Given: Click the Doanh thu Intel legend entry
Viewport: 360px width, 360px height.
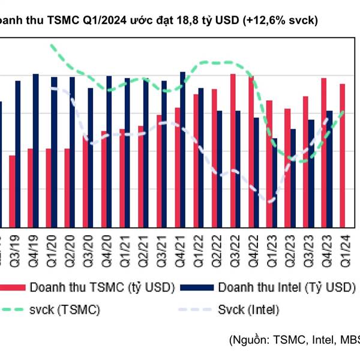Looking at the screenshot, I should tap(282, 288).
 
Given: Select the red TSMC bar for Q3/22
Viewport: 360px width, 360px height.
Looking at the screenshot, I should tap(233, 150).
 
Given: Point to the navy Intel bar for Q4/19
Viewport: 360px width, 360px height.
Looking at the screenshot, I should tap(36, 150).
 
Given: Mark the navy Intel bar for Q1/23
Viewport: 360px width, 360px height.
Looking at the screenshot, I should tap(275, 182).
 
